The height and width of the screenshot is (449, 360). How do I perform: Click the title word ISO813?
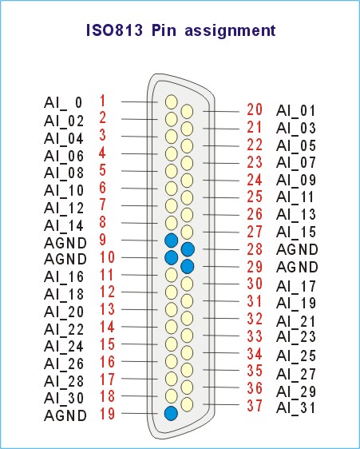(114, 30)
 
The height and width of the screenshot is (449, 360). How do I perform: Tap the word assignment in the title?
(231, 31)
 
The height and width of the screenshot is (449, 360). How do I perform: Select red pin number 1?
(102, 101)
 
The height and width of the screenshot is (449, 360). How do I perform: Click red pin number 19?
(107, 414)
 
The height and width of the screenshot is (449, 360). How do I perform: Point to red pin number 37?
(255, 406)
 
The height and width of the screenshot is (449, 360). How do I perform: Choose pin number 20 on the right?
(255, 109)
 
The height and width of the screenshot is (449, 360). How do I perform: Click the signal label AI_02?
(64, 121)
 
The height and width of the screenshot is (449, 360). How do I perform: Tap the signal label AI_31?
(296, 408)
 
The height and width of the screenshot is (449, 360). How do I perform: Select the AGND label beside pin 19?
(65, 415)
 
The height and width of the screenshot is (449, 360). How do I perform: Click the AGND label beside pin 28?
(297, 250)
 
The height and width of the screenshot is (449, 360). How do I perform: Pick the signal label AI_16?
(64, 277)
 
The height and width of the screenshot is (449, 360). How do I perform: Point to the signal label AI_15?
(296, 232)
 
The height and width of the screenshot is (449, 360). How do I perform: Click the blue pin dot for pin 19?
(171, 413)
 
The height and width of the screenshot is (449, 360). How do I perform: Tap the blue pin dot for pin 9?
(172, 240)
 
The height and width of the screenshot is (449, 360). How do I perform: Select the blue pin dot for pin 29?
(188, 267)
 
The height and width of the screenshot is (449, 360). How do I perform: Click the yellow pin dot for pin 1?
(172, 102)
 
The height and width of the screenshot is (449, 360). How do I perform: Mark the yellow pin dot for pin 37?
(187, 404)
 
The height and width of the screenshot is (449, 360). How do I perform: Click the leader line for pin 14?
(140, 327)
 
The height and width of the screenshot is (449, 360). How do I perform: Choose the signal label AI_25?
(296, 356)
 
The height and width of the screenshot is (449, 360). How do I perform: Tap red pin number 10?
(107, 257)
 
